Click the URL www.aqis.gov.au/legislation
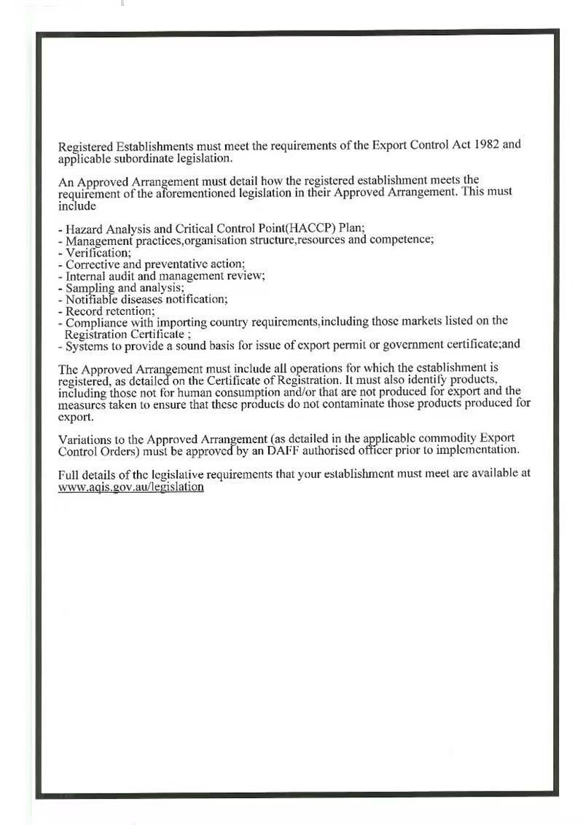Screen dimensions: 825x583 coord(130,486)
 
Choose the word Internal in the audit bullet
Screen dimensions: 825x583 coord(86,276)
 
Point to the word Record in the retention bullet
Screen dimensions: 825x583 coord(83,311)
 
